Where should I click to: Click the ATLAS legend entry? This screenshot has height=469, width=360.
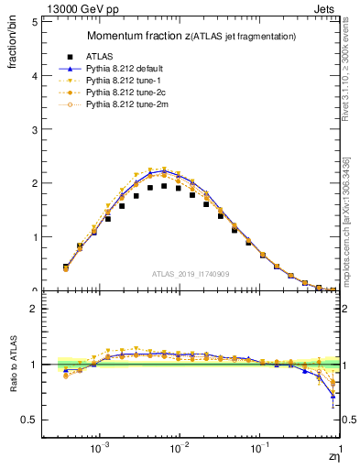click(98, 56)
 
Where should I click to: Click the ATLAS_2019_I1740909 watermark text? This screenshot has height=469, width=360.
click(192, 274)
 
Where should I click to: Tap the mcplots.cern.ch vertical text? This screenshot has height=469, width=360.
click(349, 220)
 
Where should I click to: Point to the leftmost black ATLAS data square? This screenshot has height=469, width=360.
click(65, 267)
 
